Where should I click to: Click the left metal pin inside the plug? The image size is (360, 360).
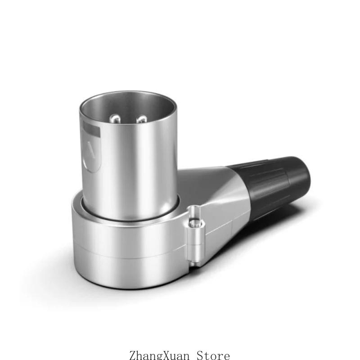coord(115,119)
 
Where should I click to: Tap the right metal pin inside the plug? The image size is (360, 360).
coord(141,119)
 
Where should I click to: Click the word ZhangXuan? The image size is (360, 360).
coord(159,355)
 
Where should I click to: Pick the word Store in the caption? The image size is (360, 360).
coord(213,355)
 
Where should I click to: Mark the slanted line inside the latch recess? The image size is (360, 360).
coord(91,150)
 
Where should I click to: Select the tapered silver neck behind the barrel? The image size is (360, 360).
coord(213,198)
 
